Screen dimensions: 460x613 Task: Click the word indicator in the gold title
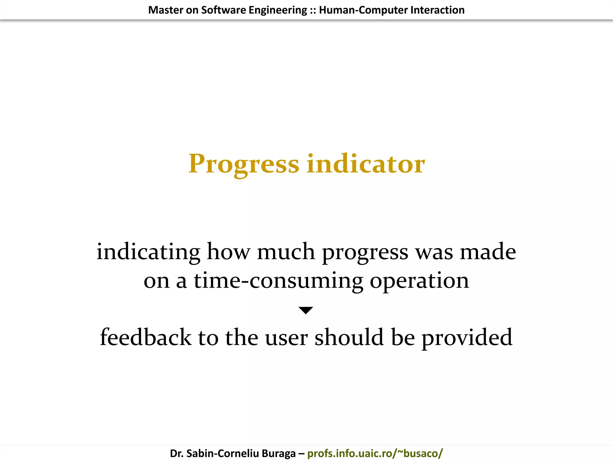click(365, 164)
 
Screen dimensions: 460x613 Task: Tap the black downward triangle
click(306, 310)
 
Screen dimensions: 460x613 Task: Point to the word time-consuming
click(278, 281)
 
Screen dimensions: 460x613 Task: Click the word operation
click(419, 281)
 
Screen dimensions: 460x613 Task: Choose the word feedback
click(145, 337)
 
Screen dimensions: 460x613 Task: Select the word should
click(349, 337)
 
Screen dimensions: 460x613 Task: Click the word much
click(286, 252)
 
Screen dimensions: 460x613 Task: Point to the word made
click(488, 252)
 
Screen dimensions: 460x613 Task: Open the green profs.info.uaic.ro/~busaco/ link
click(375, 453)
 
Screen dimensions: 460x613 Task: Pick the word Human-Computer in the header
click(363, 10)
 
